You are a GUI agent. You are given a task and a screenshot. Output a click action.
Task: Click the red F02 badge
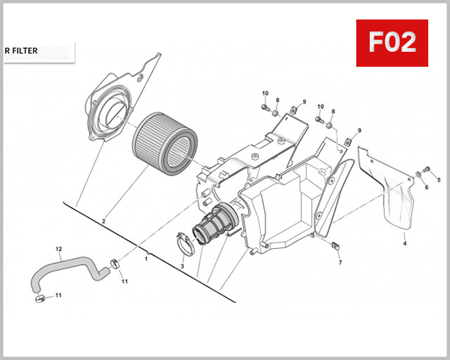(x=391, y=42)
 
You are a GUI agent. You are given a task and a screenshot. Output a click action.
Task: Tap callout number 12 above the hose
(x=58, y=248)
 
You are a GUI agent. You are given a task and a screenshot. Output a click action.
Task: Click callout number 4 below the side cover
(x=404, y=244)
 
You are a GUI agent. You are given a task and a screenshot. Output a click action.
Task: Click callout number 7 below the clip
(x=339, y=262)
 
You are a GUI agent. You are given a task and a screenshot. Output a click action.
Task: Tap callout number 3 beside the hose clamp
(x=181, y=266)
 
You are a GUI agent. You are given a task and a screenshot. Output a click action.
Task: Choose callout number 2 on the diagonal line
(x=103, y=221)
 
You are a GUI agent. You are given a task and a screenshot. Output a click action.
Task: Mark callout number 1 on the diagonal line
(x=146, y=258)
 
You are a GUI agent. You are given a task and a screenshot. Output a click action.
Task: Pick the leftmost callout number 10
(x=265, y=93)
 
